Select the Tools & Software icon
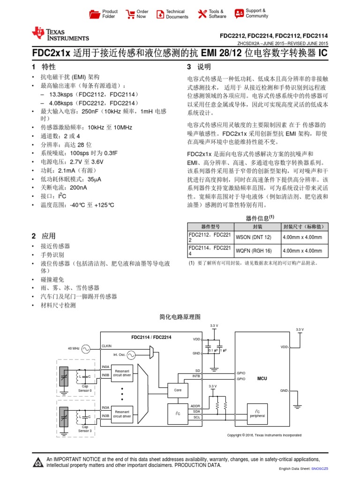click(x=202, y=14)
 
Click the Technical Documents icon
click(x=160, y=14)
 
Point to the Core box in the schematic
click(x=178, y=390)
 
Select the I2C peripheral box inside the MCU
click(x=257, y=413)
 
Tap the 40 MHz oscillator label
click(x=74, y=348)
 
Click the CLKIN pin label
click(x=107, y=345)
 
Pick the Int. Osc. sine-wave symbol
click(x=131, y=354)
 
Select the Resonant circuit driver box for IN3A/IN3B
click(x=122, y=413)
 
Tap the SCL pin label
click(x=197, y=417)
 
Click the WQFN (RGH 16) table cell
click(x=254, y=251)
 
